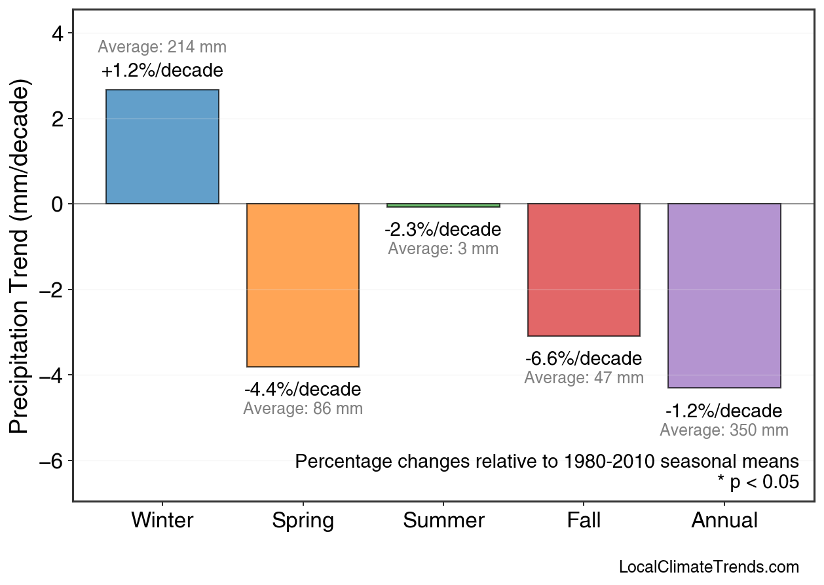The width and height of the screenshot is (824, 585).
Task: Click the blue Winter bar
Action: pos(162,147)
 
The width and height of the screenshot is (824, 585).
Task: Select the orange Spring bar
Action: pos(303,285)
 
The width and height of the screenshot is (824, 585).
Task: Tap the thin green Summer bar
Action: pos(443,206)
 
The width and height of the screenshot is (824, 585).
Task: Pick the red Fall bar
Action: pos(584,270)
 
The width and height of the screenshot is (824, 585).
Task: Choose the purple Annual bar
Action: pos(724,295)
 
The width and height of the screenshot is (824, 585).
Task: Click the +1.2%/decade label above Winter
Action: pos(162,71)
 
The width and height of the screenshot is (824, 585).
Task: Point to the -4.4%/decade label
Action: pos(303,390)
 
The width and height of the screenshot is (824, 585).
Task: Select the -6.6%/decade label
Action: pos(584,359)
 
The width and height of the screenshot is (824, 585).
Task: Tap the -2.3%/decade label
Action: pos(443,230)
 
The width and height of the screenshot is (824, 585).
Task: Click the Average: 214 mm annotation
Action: pos(162,47)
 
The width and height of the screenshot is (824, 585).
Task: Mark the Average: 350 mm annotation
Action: pos(724,430)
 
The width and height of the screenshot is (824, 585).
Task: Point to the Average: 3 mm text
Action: pos(443,249)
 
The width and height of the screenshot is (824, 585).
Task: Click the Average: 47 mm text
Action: pos(584,378)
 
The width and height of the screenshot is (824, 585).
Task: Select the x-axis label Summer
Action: pos(443,521)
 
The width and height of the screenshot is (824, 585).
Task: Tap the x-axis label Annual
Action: pos(724,521)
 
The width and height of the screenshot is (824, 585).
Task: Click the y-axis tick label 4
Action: pos(58,33)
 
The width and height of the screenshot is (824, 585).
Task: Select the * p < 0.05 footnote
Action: pos(758,482)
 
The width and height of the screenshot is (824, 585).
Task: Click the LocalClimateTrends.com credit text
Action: pos(709,567)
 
